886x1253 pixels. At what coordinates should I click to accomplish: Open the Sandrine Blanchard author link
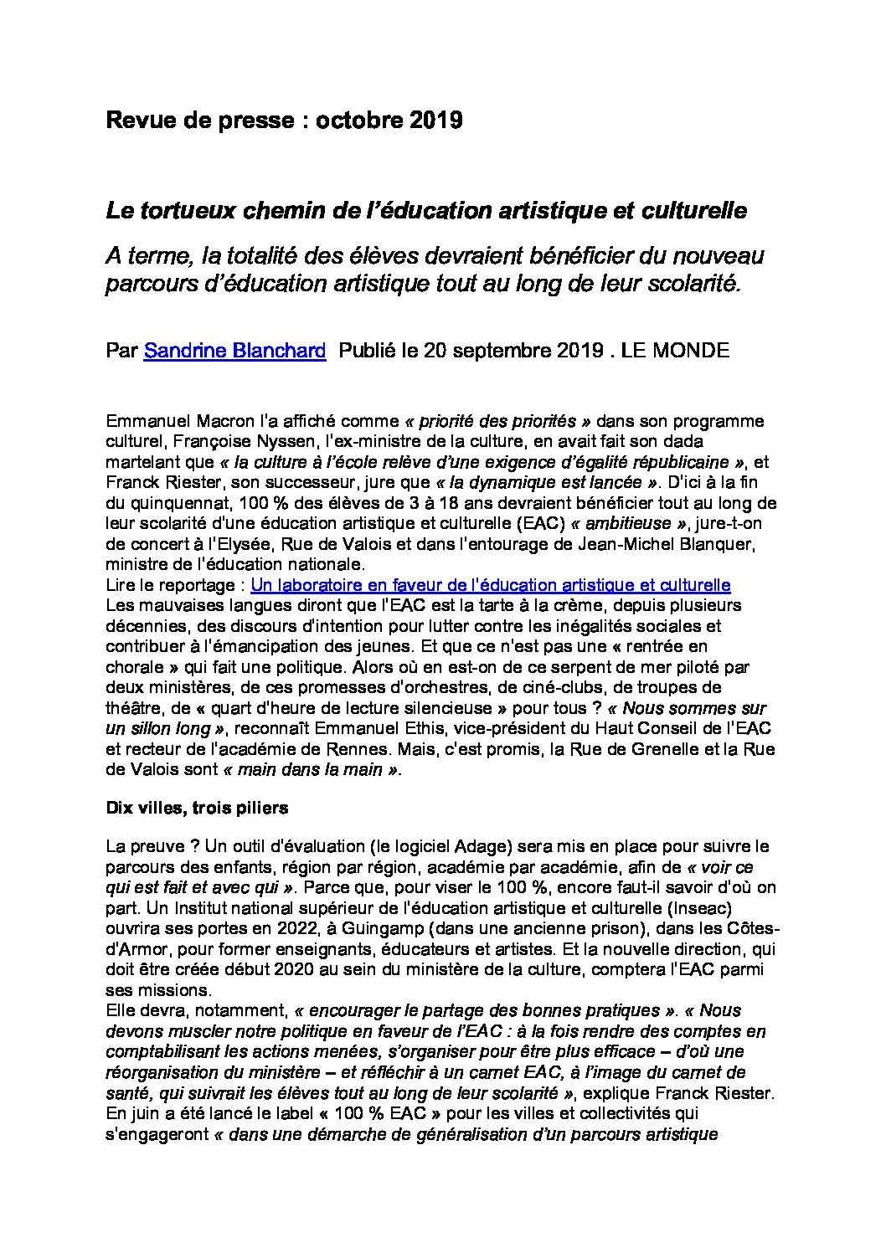pyautogui.click(x=234, y=350)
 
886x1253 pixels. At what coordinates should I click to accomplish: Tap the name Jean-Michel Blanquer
pyautogui.click(x=641, y=544)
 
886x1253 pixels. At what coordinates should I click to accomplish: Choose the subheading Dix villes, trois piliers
pyautogui.click(x=197, y=808)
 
